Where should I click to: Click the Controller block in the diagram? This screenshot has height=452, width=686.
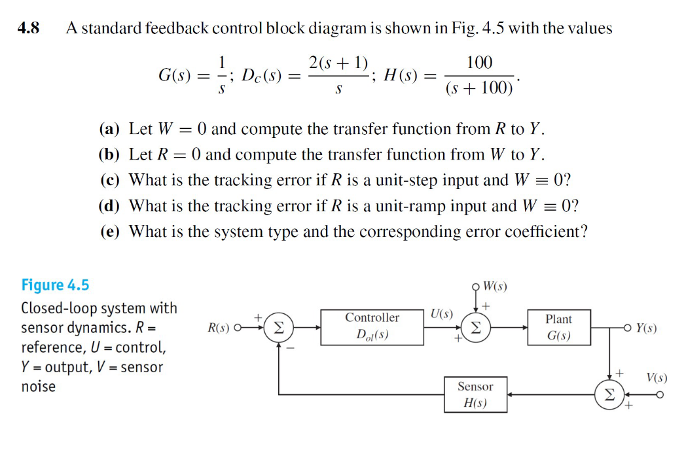[x=372, y=326]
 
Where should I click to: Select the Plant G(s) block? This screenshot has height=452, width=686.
[x=558, y=328]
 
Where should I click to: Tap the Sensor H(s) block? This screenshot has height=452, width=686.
[x=475, y=394]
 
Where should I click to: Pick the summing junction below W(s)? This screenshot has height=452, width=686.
[x=476, y=328]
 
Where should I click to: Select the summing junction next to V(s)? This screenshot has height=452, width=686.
[x=609, y=394]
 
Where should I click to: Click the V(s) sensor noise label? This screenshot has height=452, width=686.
[x=657, y=377]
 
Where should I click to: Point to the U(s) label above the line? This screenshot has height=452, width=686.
[x=442, y=313]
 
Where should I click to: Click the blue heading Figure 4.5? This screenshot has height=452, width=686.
[x=55, y=285]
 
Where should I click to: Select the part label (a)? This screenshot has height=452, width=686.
[x=110, y=129]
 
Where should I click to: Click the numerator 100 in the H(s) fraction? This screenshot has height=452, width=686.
[x=479, y=63]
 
